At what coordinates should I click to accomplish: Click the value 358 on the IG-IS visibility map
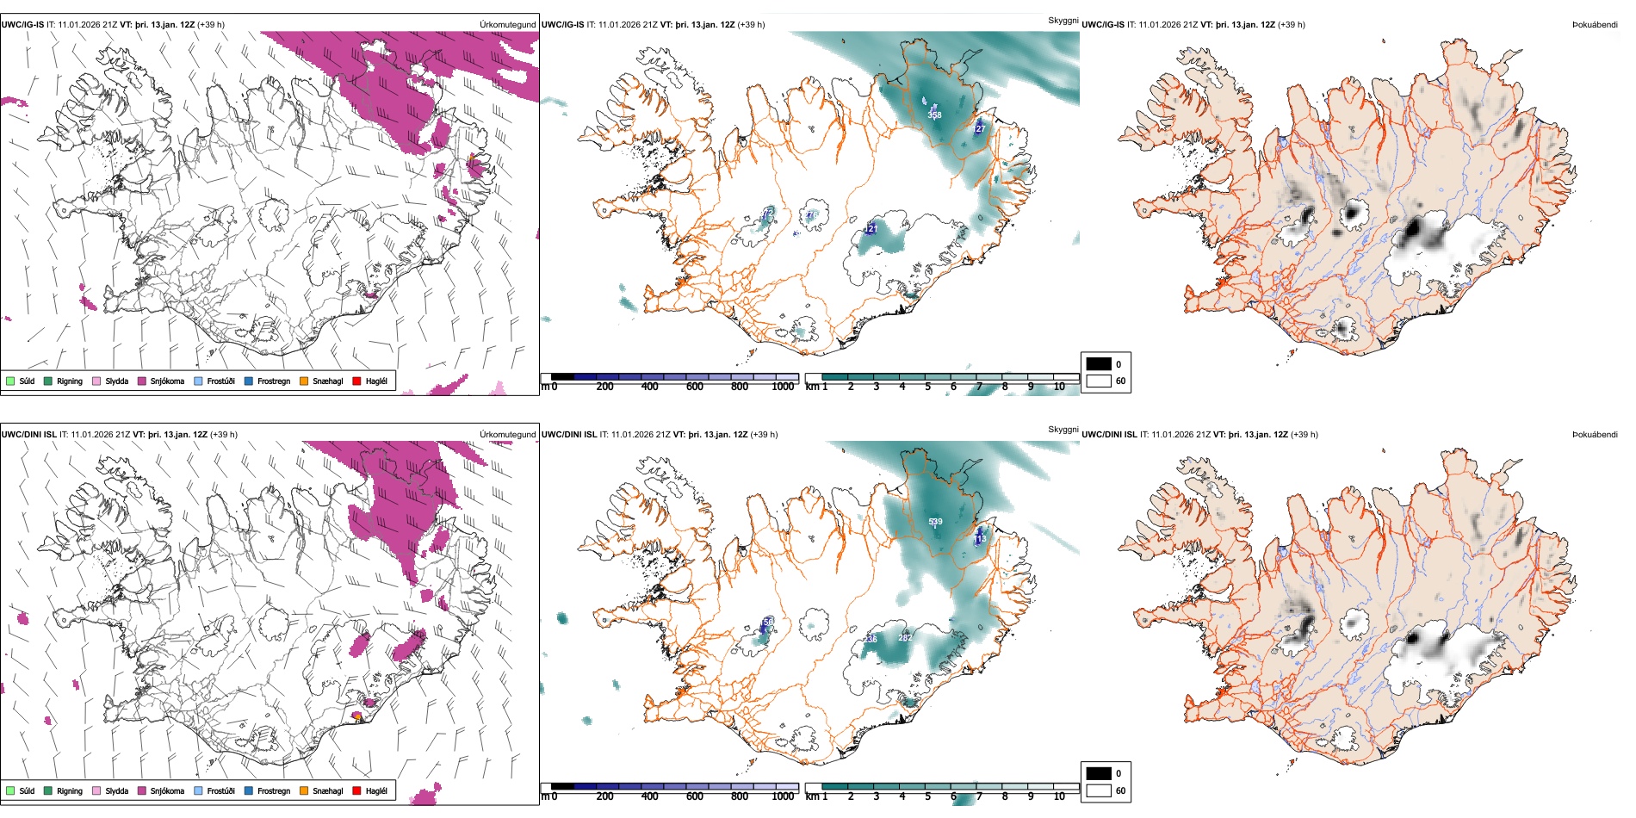pos(934,115)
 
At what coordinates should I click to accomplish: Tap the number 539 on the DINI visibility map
pos(935,522)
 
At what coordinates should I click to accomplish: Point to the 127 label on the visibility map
pos(979,129)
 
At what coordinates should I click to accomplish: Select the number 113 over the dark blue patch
pos(980,539)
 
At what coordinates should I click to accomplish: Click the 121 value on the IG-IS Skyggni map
pos(871,229)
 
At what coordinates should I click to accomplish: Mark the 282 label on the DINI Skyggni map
pos(904,637)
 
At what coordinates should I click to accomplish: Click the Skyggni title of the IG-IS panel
pos(1063,20)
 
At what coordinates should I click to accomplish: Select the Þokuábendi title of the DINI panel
pos(1595,434)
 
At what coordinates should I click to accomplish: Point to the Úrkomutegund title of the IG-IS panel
pos(507,24)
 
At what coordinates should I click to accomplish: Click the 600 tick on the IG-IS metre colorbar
pos(695,387)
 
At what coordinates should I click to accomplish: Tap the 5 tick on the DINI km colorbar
pos(928,796)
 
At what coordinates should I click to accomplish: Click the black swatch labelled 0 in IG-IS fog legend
pos(1099,363)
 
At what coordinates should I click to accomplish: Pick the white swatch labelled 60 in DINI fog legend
pos(1099,790)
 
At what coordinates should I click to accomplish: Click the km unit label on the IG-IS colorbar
pos(811,387)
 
